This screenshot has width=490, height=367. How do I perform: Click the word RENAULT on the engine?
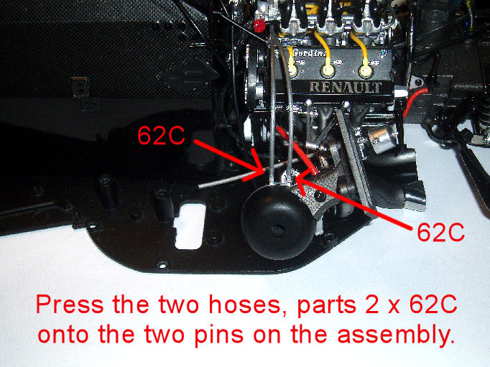click(x=346, y=87)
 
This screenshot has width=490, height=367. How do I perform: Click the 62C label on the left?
click(x=161, y=135)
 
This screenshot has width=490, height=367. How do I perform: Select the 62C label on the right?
click(x=440, y=232)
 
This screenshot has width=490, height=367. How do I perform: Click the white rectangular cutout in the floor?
click(x=190, y=226)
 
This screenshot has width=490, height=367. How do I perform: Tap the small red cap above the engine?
click(x=259, y=26)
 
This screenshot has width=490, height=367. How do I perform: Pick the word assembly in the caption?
click(x=395, y=335)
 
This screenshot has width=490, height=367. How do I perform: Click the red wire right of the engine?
click(x=412, y=102)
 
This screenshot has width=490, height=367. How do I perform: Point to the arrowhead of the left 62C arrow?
click(x=261, y=170)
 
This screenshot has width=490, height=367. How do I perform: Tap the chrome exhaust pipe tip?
click(x=415, y=195)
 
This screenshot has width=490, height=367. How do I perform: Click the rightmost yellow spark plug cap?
click(x=366, y=71)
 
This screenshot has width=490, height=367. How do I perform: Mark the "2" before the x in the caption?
click(x=371, y=305)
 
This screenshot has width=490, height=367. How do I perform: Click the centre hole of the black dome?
click(x=278, y=231)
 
